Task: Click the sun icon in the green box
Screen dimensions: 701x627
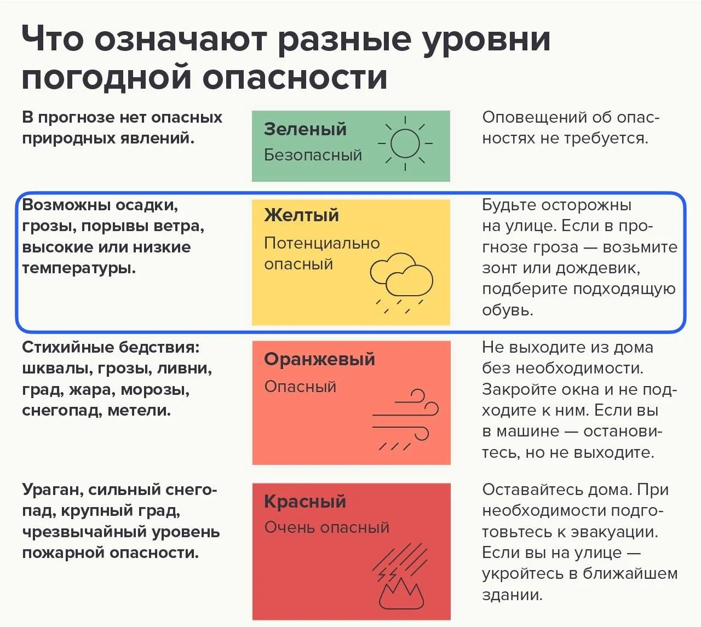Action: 405,143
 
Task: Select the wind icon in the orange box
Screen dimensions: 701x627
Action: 405,419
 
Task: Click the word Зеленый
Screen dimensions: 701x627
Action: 305,129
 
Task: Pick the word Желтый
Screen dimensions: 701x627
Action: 301,215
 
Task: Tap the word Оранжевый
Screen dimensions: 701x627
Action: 319,359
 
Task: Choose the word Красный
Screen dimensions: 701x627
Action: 305,502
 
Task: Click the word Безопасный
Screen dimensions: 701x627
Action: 313,155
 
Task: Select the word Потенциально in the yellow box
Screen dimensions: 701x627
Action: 322,243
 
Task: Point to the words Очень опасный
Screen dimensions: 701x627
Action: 326,528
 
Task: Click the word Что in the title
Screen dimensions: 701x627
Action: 53,39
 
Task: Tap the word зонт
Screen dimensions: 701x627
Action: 500,268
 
